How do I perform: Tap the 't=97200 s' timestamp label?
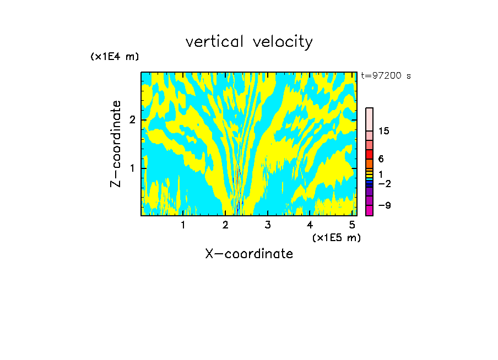[386, 76]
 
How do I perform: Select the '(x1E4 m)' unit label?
[115, 57]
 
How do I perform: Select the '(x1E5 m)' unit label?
[336, 237]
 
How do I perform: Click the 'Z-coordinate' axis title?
[116, 144]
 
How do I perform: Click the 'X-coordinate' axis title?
[249, 254]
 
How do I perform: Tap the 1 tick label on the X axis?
[183, 225]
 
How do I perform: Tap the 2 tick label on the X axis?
[225, 225]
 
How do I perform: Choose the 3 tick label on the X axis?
[268, 225]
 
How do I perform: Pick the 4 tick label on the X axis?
[310, 225]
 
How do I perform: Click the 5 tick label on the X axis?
[353, 225]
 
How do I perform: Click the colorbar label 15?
[384, 131]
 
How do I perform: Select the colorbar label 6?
[381, 159]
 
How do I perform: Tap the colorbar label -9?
[384, 205]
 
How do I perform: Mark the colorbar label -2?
[384, 183]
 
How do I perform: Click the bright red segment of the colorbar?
[369, 155]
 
